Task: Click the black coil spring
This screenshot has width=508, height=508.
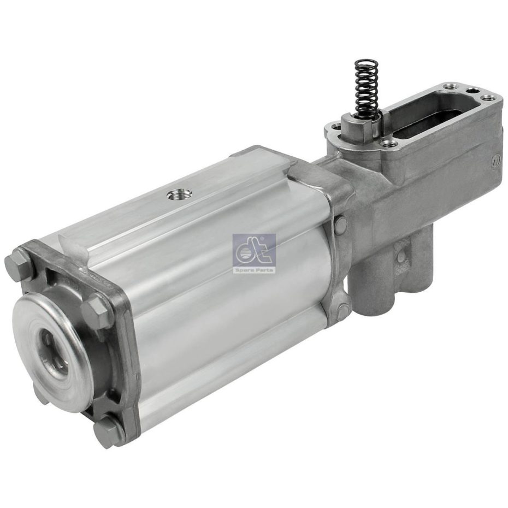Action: click(365, 87)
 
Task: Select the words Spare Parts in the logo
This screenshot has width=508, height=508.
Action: click(254, 269)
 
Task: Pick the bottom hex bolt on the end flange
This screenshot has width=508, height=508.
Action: click(108, 432)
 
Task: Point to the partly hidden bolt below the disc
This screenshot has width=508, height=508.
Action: click(40, 391)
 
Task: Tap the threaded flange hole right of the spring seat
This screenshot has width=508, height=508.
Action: click(389, 144)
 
